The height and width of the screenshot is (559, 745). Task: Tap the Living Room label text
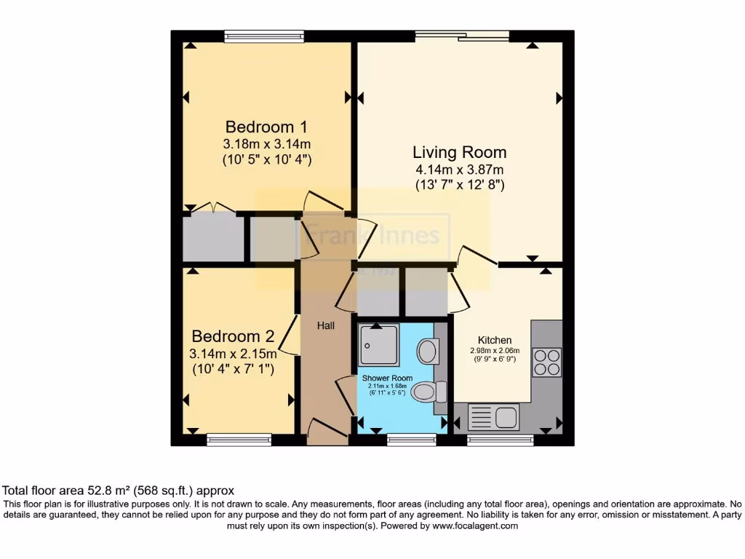pos(459,152)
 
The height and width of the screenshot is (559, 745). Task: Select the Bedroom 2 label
pos(232,336)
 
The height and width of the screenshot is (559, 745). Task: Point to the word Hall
pos(325,325)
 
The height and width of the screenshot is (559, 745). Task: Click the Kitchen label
pos(495,340)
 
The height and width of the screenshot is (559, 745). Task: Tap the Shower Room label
pos(387,378)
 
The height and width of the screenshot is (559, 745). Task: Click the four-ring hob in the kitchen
pos(547,362)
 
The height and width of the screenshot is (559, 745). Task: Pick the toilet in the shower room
pos(429,392)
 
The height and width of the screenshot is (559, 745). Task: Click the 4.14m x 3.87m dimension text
pos(459,170)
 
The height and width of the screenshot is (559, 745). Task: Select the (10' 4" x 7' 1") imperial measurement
pos(232,370)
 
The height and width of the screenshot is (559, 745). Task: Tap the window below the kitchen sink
pos(500,440)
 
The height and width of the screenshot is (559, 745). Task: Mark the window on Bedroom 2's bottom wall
pos(238,440)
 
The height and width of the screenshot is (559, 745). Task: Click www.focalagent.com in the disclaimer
pos(474,526)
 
